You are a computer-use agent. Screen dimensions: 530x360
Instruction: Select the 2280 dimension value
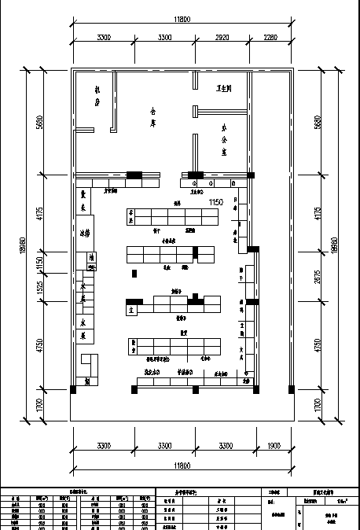coord(270,37)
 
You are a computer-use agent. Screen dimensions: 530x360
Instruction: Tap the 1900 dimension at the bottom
coord(273,446)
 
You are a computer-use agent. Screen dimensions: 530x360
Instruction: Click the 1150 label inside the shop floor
coord(217,202)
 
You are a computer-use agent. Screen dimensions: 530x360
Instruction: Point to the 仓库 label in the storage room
coord(154,117)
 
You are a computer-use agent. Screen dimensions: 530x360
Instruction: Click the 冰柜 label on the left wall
coord(83,234)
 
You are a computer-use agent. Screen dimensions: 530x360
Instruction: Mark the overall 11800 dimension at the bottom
coord(182,466)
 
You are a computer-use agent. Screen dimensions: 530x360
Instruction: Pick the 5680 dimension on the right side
coord(318,123)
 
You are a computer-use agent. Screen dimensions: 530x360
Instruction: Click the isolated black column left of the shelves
coord(135,273)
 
